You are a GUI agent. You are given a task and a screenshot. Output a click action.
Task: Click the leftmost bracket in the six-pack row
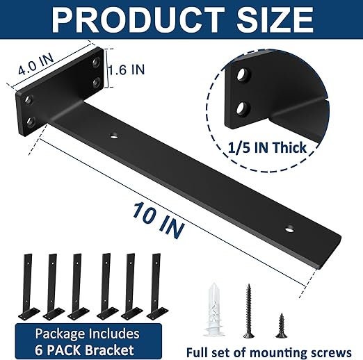27,285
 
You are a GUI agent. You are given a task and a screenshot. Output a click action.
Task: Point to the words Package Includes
88,334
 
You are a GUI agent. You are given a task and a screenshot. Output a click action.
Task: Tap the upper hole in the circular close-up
242,74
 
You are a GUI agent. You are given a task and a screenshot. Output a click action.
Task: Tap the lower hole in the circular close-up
243,108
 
